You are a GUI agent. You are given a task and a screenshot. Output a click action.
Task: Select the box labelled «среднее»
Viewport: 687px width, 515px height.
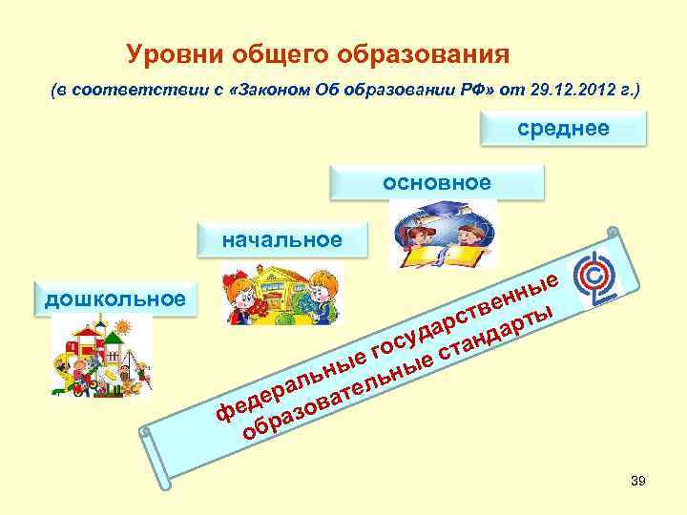pyautogui.click(x=563, y=129)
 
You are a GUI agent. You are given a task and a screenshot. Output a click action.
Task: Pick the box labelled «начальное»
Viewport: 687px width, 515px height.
pyautogui.click(x=281, y=238)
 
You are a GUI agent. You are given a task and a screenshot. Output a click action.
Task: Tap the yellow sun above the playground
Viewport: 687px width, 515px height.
pyautogui.click(x=121, y=328)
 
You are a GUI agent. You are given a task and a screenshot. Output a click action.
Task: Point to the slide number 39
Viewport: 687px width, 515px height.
pyautogui.click(x=638, y=482)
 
